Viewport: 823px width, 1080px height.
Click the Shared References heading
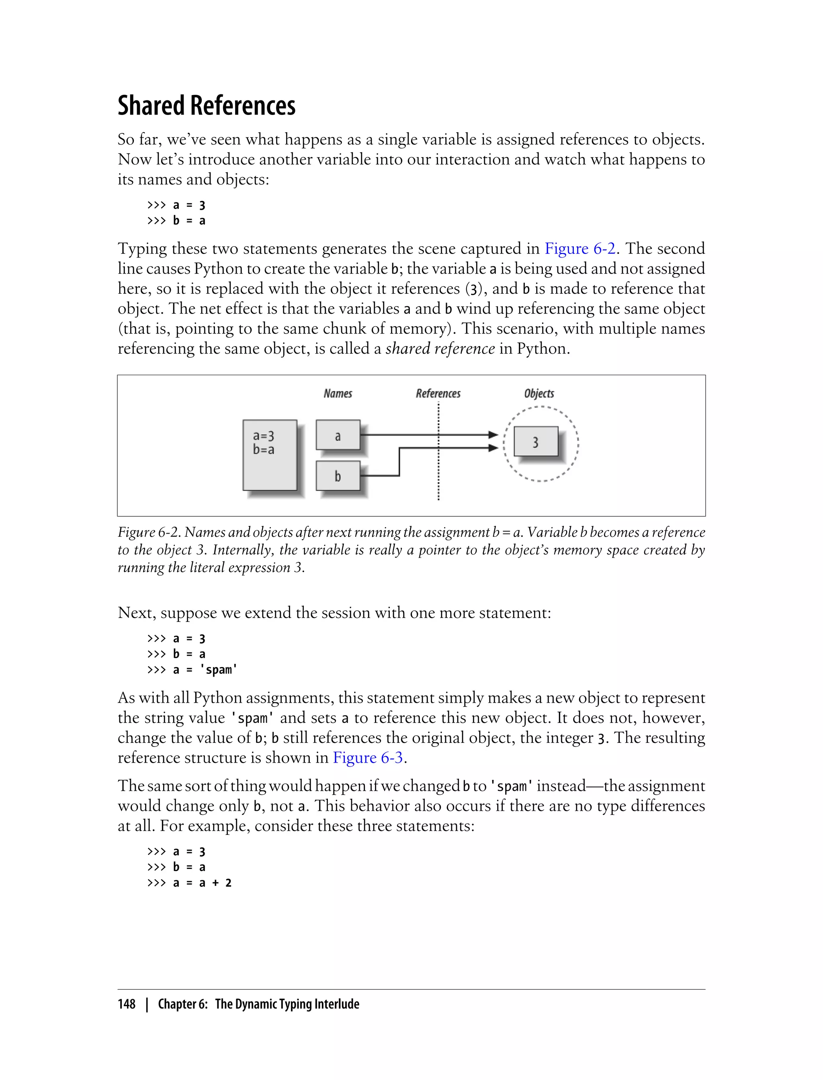[206, 105]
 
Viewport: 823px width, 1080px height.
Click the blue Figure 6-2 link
[579, 249]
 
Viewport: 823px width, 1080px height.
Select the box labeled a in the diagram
[338, 436]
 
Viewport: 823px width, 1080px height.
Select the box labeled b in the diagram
[338, 476]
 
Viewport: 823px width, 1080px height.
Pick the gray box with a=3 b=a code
[269, 455]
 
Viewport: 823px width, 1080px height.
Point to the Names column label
[338, 393]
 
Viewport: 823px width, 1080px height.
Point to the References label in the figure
[438, 393]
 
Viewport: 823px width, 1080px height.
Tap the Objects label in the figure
[539, 393]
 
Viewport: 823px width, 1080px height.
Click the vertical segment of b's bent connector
[400, 461]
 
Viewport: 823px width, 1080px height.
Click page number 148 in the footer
[127, 1004]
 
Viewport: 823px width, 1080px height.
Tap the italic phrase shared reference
[440, 349]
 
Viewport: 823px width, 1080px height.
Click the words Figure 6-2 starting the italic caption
[149, 532]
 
